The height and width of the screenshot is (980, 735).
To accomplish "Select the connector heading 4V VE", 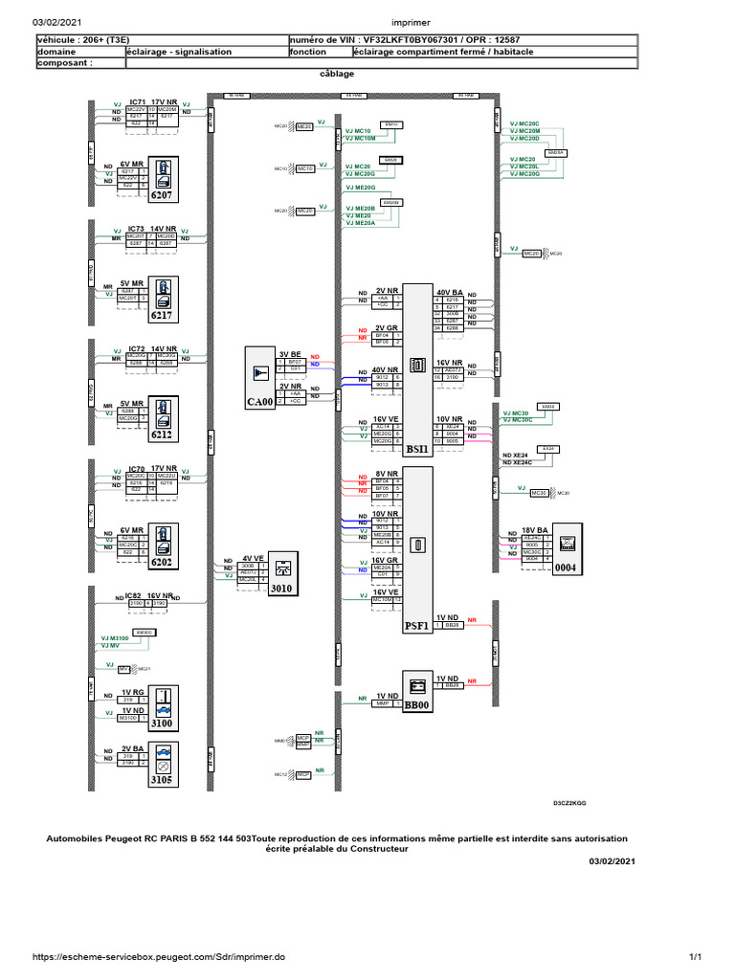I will pos(255,557).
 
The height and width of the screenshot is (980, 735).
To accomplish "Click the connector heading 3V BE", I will pos(290,353).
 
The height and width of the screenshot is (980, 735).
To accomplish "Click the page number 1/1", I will pos(696,956).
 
